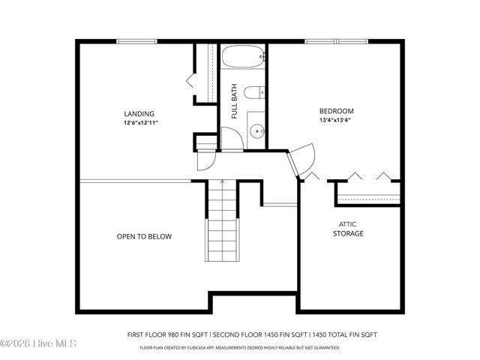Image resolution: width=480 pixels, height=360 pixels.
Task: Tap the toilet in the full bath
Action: pyautogui.click(x=255, y=92)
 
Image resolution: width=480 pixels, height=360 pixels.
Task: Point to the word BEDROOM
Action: pyautogui.click(x=336, y=111)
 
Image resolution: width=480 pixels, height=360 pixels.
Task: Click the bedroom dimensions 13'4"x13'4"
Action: pyautogui.click(x=336, y=120)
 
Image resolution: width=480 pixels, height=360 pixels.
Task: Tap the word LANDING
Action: pyautogui.click(x=140, y=114)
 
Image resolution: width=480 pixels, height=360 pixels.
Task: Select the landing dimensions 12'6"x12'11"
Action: pyautogui.click(x=141, y=122)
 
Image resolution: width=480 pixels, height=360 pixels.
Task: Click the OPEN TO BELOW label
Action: pyautogui.click(x=144, y=237)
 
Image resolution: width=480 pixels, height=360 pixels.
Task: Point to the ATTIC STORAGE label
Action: pyautogui.click(x=348, y=229)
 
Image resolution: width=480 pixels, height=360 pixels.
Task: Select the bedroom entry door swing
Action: pyautogui.click(x=304, y=160)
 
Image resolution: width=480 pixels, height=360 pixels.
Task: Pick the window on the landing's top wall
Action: pyautogui.click(x=136, y=41)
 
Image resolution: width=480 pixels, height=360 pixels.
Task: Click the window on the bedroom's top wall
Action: pyautogui.click(x=336, y=41)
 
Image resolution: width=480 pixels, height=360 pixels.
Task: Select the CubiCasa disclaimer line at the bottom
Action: pyautogui.click(x=239, y=347)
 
